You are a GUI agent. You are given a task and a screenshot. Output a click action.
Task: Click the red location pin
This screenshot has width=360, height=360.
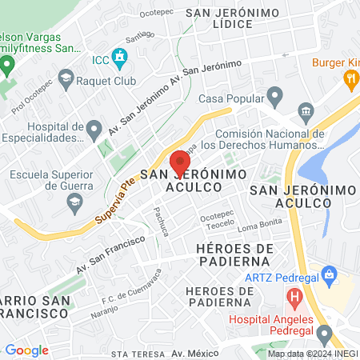click(180, 161)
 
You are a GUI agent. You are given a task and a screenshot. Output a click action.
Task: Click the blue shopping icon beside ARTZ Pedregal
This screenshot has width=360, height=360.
click(326, 273)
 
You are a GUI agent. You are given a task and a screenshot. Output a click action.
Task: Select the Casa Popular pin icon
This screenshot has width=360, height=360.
click(275, 98)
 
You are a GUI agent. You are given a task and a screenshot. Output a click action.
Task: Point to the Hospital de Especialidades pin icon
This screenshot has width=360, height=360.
click(94, 128)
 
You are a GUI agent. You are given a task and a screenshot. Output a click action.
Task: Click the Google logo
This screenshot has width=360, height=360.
click(26, 350)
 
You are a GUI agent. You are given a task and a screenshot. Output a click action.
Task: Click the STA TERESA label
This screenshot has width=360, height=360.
click(131, 353)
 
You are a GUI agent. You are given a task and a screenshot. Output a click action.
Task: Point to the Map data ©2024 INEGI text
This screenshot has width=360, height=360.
click(313, 354)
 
